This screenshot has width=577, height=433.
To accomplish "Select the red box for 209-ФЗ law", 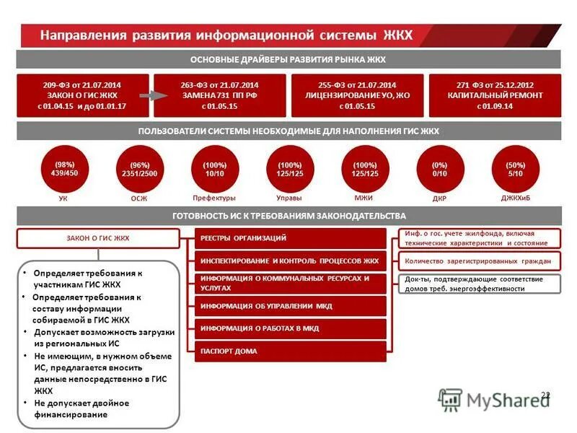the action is [x=82, y=95].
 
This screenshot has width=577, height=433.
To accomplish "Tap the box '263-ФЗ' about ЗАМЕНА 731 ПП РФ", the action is [x=219, y=95].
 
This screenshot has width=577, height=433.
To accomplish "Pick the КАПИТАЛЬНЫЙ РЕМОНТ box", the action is [x=494, y=95].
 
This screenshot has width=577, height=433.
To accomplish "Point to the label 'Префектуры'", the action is [x=214, y=198].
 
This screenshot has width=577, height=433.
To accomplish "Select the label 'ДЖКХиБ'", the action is [x=515, y=198].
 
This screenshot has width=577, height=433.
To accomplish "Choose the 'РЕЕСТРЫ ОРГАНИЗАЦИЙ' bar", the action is [x=291, y=238].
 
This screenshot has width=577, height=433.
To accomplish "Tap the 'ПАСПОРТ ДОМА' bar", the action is [x=291, y=351].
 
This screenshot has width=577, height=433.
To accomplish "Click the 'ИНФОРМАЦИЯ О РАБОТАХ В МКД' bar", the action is [x=291, y=328].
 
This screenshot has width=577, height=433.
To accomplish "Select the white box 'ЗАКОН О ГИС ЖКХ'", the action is [x=97, y=238].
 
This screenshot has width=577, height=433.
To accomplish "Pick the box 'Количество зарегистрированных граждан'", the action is [x=478, y=261].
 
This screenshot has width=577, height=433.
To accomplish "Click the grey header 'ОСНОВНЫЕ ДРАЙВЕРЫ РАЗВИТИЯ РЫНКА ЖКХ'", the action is [x=288, y=59].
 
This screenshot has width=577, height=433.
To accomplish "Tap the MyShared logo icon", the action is [x=450, y=398].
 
